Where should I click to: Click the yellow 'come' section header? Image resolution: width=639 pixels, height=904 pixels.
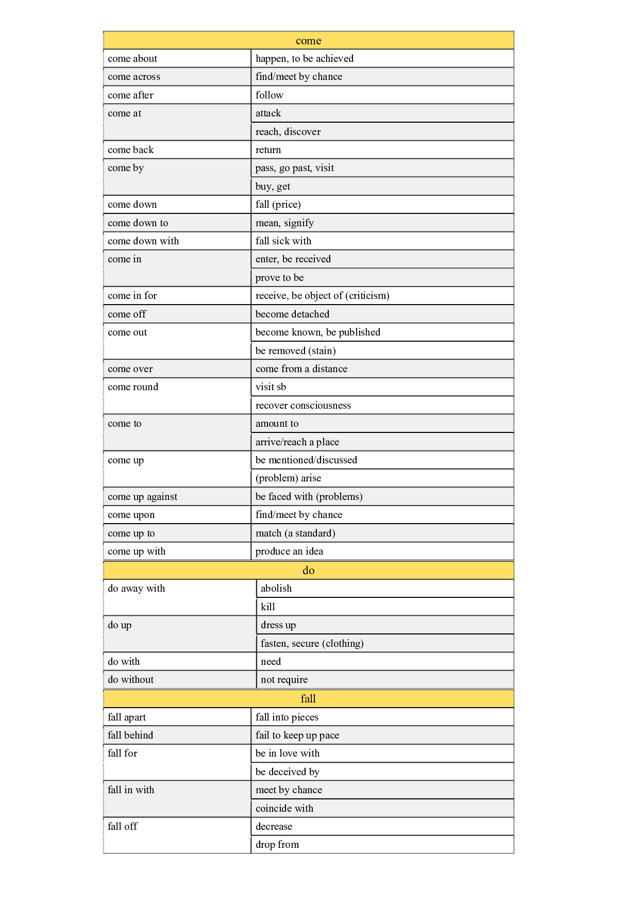click(308, 41)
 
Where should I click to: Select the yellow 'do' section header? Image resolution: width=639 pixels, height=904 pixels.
click(308, 571)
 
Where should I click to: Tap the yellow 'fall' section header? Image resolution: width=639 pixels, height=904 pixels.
click(308, 699)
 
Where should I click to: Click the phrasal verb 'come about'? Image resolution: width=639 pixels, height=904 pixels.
click(132, 59)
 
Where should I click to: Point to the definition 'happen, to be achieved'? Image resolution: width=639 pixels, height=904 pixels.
click(304, 59)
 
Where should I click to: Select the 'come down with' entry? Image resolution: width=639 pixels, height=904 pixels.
click(143, 241)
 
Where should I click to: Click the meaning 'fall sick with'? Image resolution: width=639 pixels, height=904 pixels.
click(283, 241)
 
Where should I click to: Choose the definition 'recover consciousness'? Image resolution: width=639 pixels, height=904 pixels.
click(303, 406)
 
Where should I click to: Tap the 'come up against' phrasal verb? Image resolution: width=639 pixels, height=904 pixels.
click(142, 497)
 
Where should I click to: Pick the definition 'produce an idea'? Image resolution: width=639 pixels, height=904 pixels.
click(289, 551)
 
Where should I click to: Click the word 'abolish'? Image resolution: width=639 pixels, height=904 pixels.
click(276, 589)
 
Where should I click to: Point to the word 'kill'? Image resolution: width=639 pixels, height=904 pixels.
click(268, 607)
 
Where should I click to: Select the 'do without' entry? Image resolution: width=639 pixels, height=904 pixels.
click(130, 680)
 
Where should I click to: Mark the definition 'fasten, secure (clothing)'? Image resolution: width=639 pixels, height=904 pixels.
click(312, 644)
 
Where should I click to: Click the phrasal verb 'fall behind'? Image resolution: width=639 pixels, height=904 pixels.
click(130, 735)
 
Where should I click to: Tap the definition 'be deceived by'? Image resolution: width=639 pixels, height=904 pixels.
click(287, 772)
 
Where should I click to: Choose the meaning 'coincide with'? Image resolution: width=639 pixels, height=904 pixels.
click(284, 809)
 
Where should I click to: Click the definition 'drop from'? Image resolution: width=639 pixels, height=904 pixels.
click(277, 845)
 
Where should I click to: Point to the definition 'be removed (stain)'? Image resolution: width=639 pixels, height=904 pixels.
click(295, 351)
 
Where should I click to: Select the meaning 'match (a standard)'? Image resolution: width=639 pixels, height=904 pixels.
click(295, 533)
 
